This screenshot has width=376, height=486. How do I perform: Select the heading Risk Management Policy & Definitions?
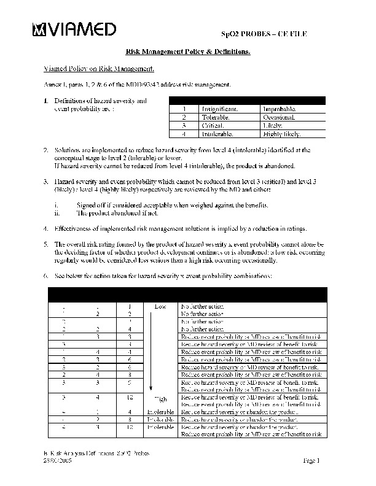pos(188,53)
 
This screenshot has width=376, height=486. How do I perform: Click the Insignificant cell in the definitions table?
pos(220,108)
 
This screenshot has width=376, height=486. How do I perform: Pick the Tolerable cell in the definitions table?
pos(215,117)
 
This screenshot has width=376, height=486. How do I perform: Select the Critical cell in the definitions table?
pos(212,125)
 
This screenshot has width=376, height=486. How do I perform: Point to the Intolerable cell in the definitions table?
pos(217,134)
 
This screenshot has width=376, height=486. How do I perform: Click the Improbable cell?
pos(280,108)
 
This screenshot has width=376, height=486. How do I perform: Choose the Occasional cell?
pos(280,117)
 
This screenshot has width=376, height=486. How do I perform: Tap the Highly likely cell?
pos(281,134)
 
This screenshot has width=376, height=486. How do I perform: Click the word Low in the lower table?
pos(160,305)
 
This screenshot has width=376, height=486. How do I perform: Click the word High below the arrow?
pos(160,398)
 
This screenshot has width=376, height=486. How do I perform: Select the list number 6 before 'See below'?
pos(45,276)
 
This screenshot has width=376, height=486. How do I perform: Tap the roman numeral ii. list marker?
pos(58,213)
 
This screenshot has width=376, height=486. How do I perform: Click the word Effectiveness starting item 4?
pos(75,229)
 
